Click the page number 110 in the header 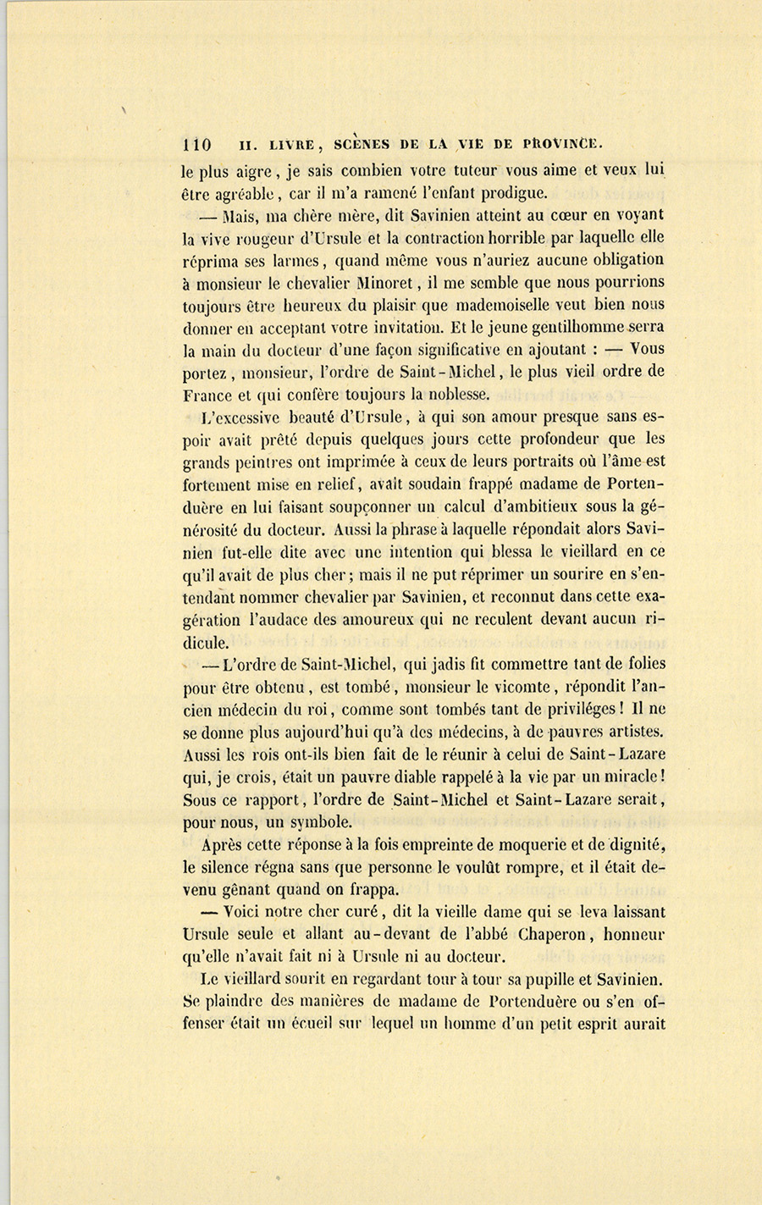196,143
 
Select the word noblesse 476,393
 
